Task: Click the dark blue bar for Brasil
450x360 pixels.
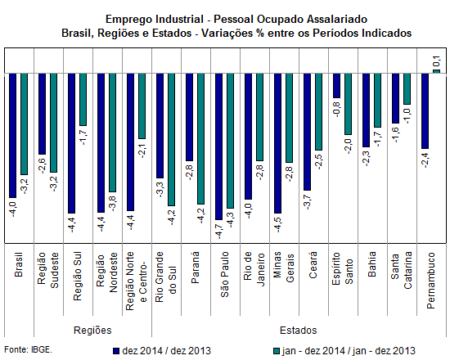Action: click(12, 136)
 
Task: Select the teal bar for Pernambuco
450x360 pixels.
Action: click(436, 71)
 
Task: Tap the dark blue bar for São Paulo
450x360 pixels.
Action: click(218, 146)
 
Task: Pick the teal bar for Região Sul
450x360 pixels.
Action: click(83, 99)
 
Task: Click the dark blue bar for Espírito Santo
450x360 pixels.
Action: click(336, 86)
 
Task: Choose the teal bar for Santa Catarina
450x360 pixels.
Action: click(407, 88)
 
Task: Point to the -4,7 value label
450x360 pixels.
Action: click(218, 230)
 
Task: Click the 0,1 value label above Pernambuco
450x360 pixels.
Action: click(436, 61)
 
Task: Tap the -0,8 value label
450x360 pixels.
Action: click(336, 109)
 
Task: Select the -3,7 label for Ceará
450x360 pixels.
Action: click(307, 201)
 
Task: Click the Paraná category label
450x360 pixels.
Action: click(196, 268)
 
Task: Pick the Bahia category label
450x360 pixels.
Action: click(372, 264)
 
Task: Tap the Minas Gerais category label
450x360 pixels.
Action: click(284, 267)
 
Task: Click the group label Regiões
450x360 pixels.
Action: click(92, 331)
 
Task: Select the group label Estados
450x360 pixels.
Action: click(298, 331)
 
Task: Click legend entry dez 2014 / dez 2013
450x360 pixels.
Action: click(162, 351)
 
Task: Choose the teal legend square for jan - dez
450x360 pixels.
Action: click(277, 351)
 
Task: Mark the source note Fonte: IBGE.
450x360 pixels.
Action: click(28, 350)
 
